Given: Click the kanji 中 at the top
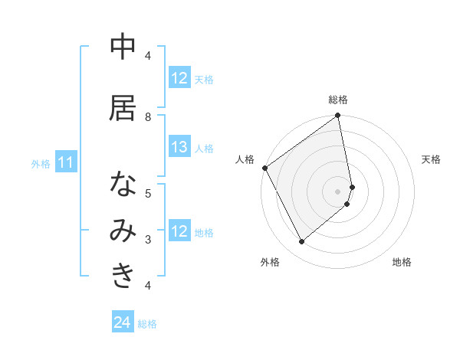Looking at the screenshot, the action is click(x=123, y=47).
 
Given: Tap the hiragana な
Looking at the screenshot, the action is click(x=123, y=185).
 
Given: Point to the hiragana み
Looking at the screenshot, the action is click(x=123, y=231).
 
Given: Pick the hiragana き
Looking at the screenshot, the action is click(x=123, y=277).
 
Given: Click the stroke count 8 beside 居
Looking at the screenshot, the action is click(x=148, y=116).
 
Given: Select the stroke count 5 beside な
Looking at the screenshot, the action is click(x=148, y=193).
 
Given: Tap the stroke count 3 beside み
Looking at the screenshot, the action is click(x=148, y=239).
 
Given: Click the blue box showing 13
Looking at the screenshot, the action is click(x=179, y=148).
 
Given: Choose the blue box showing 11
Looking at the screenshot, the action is click(x=66, y=162).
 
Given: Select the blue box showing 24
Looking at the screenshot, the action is click(x=123, y=323).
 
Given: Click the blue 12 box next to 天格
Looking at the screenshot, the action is click(x=179, y=78).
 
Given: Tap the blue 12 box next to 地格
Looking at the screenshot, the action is click(x=179, y=232).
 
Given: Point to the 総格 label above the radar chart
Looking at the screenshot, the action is click(x=338, y=100).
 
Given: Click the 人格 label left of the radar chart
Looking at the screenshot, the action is click(x=245, y=159).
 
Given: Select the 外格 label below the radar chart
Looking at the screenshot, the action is click(x=270, y=262).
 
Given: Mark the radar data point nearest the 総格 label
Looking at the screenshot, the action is click(x=338, y=116).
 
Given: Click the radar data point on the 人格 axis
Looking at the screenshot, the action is click(x=264, y=168).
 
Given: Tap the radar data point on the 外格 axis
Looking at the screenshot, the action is click(x=302, y=242).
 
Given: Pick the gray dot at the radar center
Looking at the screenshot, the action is click(x=338, y=191).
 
